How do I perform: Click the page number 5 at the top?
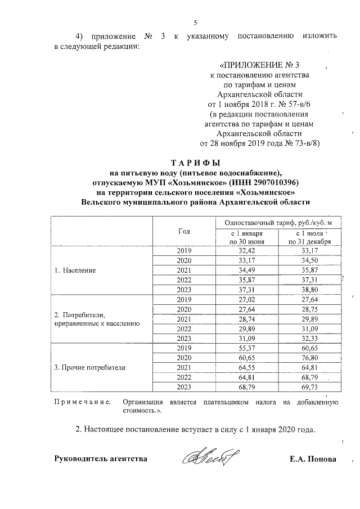tap(195, 23)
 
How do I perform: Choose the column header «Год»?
tap(184, 231)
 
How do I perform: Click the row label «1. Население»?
tap(75, 270)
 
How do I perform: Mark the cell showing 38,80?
tap(310, 290)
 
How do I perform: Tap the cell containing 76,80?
tap(310, 358)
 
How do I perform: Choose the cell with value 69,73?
tap(310, 388)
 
